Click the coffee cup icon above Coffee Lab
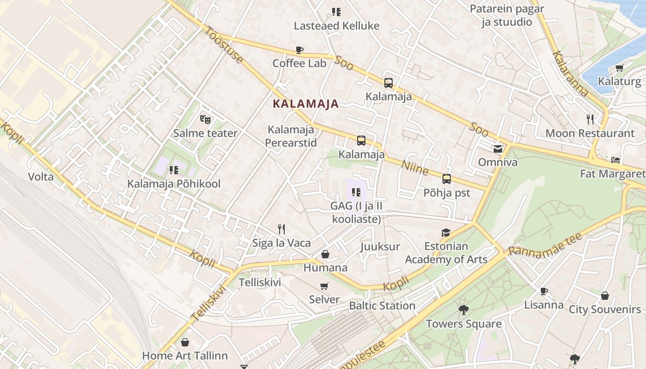point(299,50)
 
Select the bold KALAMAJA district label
point(305,104)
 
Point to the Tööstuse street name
point(224,45)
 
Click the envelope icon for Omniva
point(497,149)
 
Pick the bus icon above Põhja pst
point(446,179)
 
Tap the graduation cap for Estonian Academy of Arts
point(446,232)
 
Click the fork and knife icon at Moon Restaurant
point(590,119)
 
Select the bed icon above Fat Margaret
point(616,160)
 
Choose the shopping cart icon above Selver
point(324,286)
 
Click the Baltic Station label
point(382,306)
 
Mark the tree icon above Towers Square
point(463,310)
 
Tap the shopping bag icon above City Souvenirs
point(604,296)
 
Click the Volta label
point(41,177)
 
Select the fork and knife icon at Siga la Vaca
point(281,229)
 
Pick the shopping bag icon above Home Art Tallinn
point(185,342)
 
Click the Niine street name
point(415,167)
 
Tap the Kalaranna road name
point(571,74)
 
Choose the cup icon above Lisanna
point(544,291)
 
